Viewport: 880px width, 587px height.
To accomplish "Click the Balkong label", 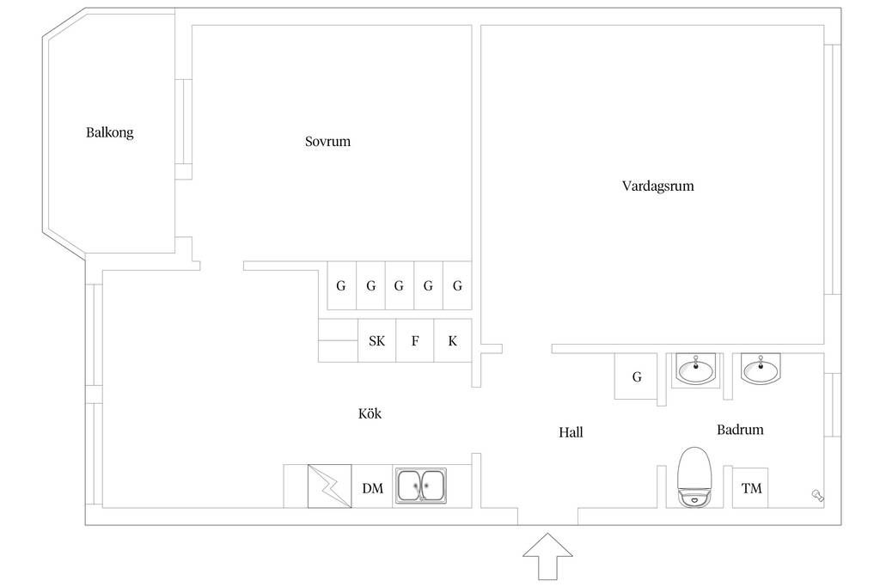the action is pyautogui.click(x=109, y=132).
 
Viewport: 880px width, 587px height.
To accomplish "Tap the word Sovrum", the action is pyautogui.click(x=327, y=142).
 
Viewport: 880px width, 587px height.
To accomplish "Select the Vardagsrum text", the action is pyautogui.click(x=657, y=186).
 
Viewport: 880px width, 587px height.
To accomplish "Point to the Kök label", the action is pyautogui.click(x=370, y=413).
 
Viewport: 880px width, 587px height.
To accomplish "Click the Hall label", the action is pyautogui.click(x=571, y=432).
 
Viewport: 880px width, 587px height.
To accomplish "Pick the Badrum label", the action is pyautogui.click(x=740, y=430).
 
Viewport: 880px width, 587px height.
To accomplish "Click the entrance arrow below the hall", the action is pyautogui.click(x=547, y=556).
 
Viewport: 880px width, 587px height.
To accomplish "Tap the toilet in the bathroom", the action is pyautogui.click(x=694, y=477).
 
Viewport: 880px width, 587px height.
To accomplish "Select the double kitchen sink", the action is pyautogui.click(x=421, y=486).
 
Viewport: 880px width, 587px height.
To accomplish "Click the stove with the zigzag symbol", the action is pyautogui.click(x=329, y=486).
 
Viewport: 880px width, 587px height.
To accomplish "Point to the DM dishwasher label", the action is pyautogui.click(x=373, y=488).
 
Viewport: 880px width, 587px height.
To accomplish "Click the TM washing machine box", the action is pyautogui.click(x=750, y=487).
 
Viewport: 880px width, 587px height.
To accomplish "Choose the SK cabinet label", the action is pyautogui.click(x=377, y=340).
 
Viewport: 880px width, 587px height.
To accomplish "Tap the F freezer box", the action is pyautogui.click(x=415, y=340).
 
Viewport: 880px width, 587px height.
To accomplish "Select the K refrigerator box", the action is pyautogui.click(x=453, y=340).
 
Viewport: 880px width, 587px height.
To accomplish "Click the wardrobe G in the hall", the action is pyautogui.click(x=637, y=376).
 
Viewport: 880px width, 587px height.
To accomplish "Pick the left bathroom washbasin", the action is pyautogui.click(x=696, y=370).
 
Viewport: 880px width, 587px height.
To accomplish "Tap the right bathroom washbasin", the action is pyautogui.click(x=761, y=370).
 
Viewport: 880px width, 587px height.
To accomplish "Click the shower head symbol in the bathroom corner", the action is pyautogui.click(x=817, y=495).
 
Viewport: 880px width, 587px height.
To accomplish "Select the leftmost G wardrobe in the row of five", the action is pyautogui.click(x=342, y=285).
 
